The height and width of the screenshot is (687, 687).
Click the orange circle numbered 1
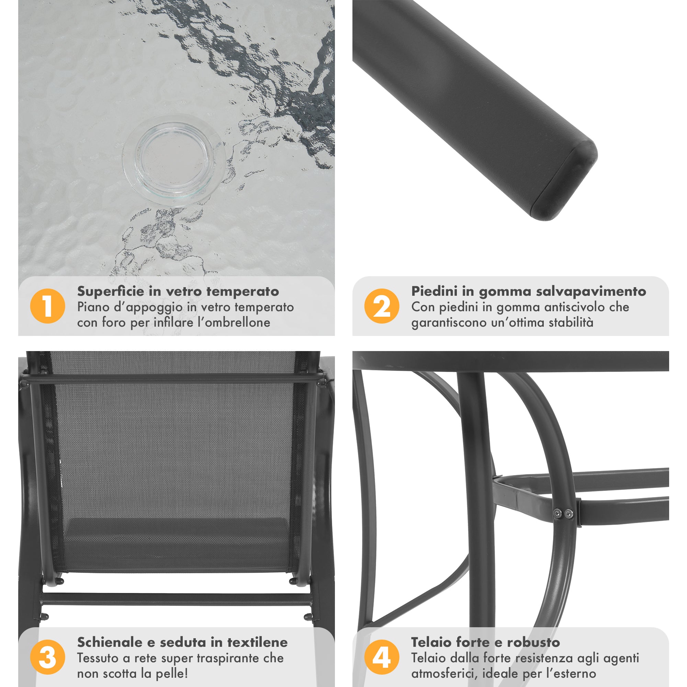click(48, 306)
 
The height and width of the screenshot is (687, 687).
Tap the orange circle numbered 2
click(382, 306)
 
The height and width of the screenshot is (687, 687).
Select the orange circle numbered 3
click(48, 657)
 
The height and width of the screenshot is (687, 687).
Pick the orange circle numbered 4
click(382, 657)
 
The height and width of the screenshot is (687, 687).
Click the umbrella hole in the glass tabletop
click(173, 159)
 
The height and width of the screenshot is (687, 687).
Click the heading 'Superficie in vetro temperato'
click(178, 291)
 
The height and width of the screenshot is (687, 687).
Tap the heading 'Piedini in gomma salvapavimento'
click(529, 291)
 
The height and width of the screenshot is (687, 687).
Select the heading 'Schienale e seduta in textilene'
click(182, 642)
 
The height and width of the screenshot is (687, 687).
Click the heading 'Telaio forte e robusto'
click(486, 642)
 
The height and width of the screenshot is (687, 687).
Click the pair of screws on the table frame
click(564, 513)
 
